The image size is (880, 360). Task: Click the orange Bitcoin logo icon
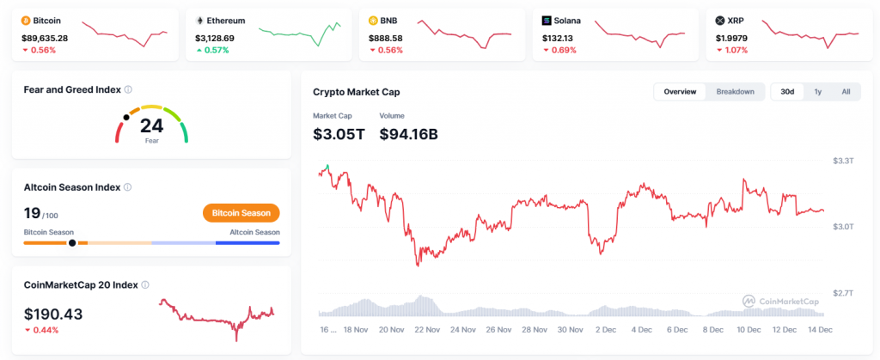pos(26,20)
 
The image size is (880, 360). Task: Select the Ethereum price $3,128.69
pos(220,38)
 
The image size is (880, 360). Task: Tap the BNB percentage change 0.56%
pos(390,50)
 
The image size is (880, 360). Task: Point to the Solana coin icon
pos(547,20)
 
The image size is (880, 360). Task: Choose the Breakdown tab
pos(735,92)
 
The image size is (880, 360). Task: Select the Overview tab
pos(680,92)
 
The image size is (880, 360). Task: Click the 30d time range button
pos(787,92)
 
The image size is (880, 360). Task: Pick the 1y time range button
pos(818,92)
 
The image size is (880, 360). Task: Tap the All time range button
pos(846,92)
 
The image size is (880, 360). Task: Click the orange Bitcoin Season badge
pos(241,213)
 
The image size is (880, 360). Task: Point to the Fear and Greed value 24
pos(151,126)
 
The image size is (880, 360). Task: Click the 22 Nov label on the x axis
pos(427,328)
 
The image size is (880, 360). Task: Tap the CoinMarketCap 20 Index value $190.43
pos(53,314)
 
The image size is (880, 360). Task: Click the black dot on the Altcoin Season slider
pos(72,243)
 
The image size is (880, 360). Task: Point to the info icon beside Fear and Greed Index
pos(128,89)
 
